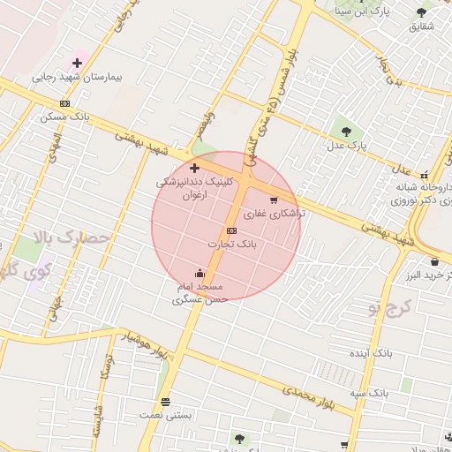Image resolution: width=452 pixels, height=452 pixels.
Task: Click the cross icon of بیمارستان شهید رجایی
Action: click(x=78, y=63)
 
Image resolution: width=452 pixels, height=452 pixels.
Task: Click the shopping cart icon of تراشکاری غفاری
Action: click(x=273, y=200)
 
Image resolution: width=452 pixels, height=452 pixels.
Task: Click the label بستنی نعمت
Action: click(x=160, y=414)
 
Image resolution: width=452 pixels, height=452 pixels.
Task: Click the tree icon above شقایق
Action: click(x=420, y=12)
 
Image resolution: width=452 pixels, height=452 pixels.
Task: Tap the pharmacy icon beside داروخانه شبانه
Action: click(x=425, y=174)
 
